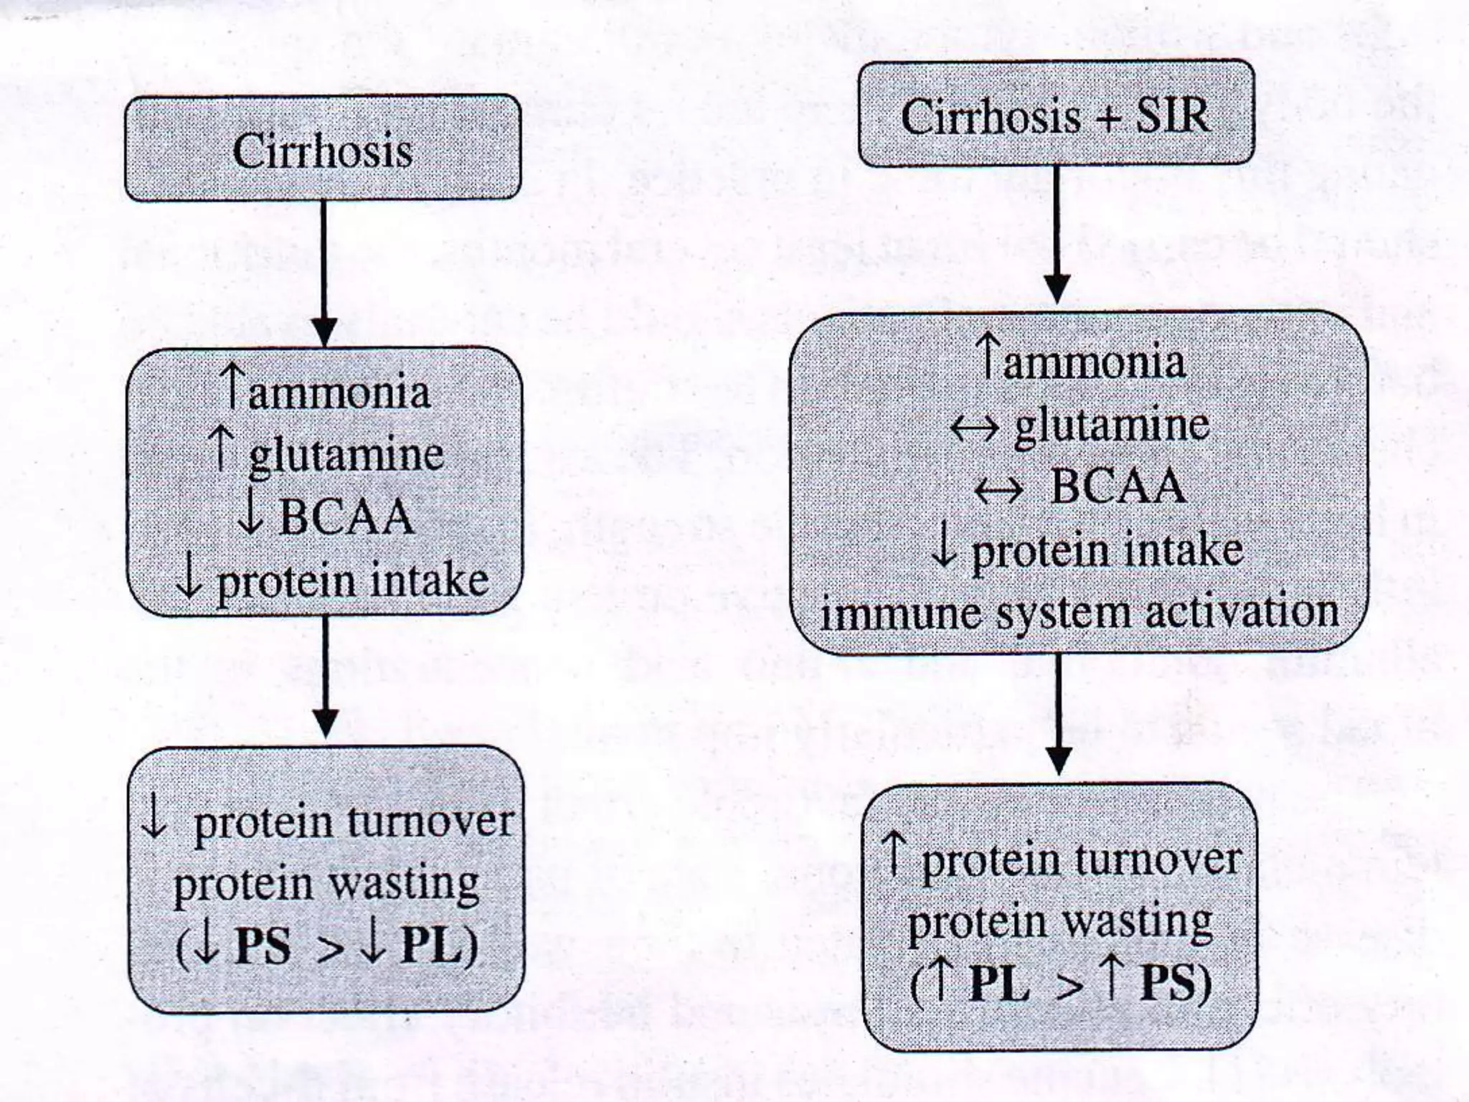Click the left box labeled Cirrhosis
click(323, 149)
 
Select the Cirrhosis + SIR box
click(1056, 113)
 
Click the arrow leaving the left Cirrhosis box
click(324, 273)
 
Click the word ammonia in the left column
click(339, 392)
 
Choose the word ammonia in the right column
click(1094, 362)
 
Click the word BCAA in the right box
click(1118, 487)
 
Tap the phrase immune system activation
click(1079, 614)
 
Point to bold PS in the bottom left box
click(263, 946)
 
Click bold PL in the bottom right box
click(998, 983)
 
